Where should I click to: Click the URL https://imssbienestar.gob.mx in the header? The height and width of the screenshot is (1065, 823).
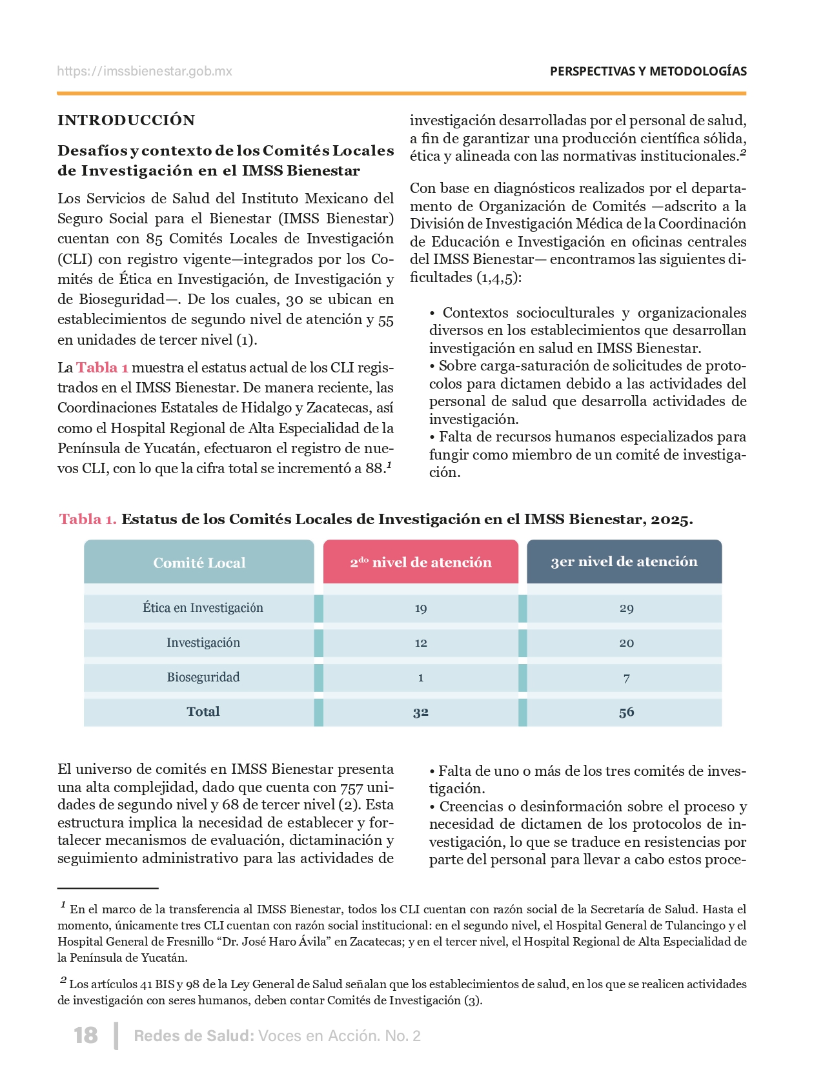coord(145,71)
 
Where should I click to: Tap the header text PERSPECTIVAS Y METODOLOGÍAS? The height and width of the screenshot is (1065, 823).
coord(648,71)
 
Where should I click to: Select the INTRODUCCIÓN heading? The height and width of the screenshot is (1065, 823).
coord(126,120)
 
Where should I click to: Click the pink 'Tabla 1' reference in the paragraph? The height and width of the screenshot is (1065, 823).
coord(102,367)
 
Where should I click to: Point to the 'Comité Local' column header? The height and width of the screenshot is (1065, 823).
coord(199,563)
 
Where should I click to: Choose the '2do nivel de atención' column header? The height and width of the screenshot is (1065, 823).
coord(421,562)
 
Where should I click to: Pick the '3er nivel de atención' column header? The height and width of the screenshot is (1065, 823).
coord(624,562)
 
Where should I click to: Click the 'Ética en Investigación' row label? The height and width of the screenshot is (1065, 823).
coord(203,608)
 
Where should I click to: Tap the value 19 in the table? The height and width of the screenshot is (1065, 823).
coord(421,609)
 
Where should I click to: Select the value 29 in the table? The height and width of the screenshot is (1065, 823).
coord(626,609)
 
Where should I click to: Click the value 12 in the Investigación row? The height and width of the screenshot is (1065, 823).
coord(421,644)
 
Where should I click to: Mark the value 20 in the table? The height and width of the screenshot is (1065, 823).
coord(626,644)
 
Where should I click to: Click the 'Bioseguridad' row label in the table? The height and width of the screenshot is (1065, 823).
coord(203,678)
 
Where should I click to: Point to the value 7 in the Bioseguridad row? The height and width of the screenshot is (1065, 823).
coord(626,678)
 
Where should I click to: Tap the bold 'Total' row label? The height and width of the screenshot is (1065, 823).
coord(203,712)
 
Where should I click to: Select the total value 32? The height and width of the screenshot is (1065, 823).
coord(421,713)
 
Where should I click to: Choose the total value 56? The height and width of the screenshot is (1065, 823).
coord(626,713)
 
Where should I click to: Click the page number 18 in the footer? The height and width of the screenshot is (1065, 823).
coord(86,1035)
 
